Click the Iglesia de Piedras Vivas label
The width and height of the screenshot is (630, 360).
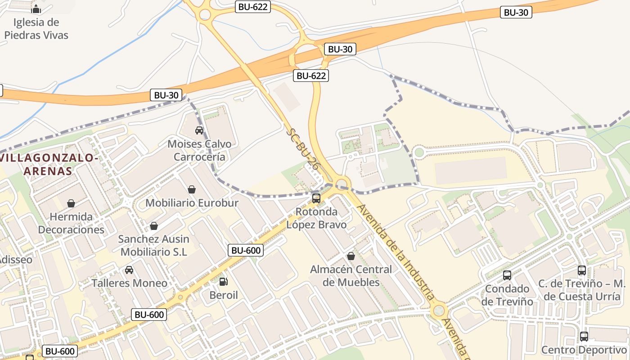[36, 28]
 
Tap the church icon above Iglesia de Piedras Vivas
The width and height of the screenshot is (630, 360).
[36, 9]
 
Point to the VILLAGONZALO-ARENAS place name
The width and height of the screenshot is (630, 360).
[49, 164]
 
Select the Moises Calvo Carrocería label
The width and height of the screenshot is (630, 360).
[199, 150]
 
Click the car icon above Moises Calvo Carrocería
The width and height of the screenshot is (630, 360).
[199, 130]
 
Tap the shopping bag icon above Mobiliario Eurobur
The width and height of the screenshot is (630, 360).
[192, 189]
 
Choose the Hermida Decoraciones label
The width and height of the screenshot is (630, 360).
[71, 223]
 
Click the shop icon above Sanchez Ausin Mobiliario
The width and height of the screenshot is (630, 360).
[154, 225]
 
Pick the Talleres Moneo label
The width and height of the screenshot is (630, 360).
[129, 283]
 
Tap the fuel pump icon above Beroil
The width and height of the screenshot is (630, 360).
[223, 282]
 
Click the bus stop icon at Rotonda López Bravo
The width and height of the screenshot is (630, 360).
[316, 198]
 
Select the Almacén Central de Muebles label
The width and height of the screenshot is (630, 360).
[351, 276]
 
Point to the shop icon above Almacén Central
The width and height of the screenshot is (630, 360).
[351, 256]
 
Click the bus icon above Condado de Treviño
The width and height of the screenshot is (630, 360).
[507, 275]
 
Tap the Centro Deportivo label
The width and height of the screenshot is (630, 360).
[584, 350]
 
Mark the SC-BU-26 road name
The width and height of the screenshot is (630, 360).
[303, 149]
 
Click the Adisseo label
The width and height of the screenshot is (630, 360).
[16, 260]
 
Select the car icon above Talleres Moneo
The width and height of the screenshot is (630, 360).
[129, 270]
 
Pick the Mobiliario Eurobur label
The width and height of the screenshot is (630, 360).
[192, 203]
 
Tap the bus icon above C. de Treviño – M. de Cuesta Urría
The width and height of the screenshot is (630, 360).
[582, 270]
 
